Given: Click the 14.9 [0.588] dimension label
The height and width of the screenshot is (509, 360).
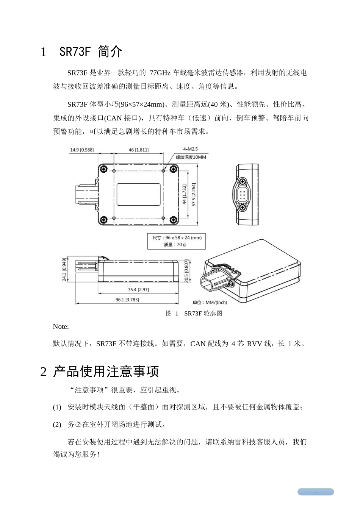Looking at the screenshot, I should [81, 150].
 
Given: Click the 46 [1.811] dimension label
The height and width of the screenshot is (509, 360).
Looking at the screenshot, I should [138, 150].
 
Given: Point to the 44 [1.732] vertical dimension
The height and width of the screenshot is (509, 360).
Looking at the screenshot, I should [184, 194].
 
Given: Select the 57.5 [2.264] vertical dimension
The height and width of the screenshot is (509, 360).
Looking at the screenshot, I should [194, 194].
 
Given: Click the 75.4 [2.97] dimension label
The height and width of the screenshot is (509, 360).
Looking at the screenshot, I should [138, 290].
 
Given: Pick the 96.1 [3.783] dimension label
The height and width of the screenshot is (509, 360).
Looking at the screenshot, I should [127, 300].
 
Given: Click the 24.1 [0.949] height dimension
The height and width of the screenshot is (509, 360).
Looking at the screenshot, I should [64, 270].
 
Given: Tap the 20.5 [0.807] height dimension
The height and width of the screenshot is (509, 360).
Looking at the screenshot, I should [186, 271].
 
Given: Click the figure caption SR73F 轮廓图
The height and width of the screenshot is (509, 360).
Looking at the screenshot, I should [203, 313].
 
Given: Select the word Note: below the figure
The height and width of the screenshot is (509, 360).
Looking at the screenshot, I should [61, 327].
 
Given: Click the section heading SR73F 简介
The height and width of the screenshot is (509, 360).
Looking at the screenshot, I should [91, 52].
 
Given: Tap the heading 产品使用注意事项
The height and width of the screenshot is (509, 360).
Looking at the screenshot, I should [106, 372].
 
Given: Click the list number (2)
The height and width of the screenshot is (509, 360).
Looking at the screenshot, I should [57, 425].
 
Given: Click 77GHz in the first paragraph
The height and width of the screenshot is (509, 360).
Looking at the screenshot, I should [160, 73].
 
